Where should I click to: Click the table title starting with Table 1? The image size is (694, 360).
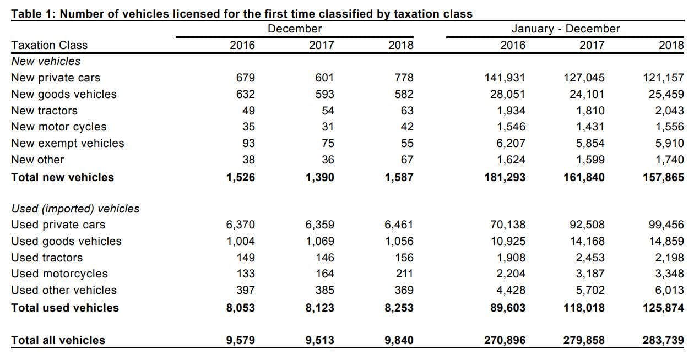(242, 14)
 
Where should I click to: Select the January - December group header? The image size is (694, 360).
(565, 29)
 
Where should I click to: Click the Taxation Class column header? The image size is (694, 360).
(49, 45)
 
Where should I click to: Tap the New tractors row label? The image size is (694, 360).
(44, 111)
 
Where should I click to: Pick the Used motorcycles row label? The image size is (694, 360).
(59, 274)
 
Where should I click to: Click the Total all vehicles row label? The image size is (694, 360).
(58, 340)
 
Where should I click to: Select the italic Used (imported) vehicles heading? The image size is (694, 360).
(75, 209)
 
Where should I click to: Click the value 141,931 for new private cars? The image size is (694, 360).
(506, 78)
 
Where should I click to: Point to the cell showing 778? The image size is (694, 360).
(401, 78)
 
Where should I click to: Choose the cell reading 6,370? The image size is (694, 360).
(241, 225)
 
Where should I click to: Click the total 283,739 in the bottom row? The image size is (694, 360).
(663, 340)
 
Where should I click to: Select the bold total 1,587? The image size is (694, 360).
(399, 177)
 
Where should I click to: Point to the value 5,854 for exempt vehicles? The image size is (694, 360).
(587, 143)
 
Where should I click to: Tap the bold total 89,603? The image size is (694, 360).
(507, 308)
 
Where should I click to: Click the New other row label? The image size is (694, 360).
(37, 160)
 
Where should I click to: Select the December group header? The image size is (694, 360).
(295, 29)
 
